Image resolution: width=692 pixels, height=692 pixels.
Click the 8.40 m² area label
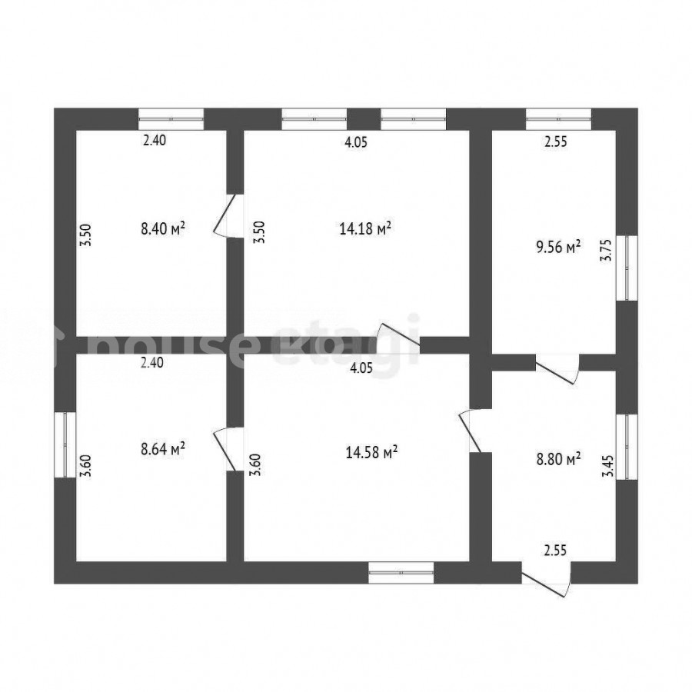162,228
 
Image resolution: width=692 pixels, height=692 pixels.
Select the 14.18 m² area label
365,228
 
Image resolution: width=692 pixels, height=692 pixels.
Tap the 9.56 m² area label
558,247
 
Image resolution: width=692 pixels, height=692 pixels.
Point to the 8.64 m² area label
162,449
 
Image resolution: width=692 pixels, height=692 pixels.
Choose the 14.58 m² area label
371,452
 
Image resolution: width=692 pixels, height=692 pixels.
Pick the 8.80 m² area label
558,459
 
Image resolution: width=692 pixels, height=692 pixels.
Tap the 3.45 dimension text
608,467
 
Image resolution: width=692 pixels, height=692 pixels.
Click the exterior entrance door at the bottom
547,579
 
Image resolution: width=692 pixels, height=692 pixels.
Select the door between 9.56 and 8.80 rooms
557,369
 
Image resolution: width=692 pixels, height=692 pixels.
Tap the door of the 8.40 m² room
228,216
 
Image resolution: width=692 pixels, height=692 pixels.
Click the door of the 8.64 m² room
228,449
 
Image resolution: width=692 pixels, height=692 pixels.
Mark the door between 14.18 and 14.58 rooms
398,338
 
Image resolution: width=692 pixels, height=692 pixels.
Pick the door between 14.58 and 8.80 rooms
475,431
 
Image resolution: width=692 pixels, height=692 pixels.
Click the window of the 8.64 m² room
65,444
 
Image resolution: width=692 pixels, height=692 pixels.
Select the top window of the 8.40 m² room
171,119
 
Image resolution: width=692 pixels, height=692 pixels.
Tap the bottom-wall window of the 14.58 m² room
401,572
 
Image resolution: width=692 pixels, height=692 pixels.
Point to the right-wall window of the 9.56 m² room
627,268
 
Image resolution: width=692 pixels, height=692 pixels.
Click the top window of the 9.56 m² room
559,119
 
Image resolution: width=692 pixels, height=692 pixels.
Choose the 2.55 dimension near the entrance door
555,551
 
